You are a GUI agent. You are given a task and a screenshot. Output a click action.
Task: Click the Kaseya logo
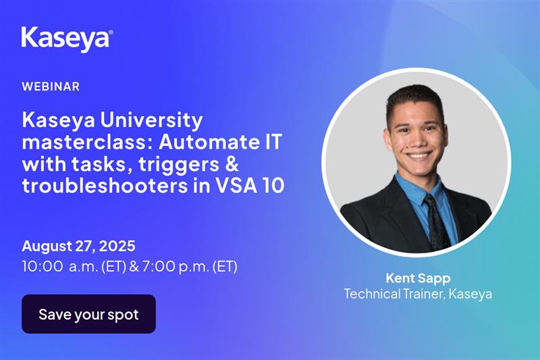tap(67, 39)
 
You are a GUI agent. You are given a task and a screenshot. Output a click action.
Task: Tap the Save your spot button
tap(88, 314)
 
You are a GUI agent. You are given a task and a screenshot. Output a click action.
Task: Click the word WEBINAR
tap(51, 86)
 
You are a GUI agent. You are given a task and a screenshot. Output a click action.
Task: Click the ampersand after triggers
tap(232, 163)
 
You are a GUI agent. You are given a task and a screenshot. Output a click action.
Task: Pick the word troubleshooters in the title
tap(105, 185)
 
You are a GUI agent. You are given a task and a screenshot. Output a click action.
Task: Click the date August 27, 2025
tap(78, 247)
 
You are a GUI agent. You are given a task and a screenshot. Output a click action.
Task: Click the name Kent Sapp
tap(418, 278)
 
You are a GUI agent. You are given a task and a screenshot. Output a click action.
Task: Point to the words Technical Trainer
tap(395, 294)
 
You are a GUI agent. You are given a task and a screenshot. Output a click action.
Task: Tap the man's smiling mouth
tap(418, 155)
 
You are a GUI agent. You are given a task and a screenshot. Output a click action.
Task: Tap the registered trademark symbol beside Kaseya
tap(111, 32)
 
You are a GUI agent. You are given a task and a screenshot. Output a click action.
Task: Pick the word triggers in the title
tap(179, 165)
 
